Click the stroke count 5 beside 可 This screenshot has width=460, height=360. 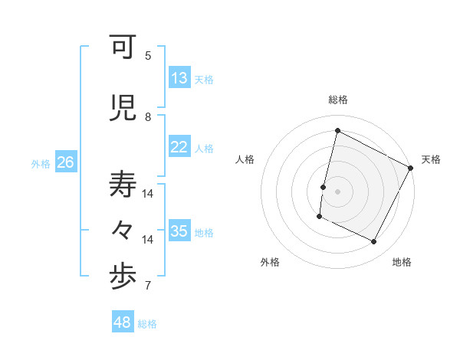(148, 56)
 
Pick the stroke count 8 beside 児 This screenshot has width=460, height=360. (148, 116)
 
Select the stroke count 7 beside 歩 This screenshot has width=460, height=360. (148, 286)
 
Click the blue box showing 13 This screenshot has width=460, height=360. (179, 78)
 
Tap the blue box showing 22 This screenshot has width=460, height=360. (179, 147)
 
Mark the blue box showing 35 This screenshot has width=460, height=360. (179, 231)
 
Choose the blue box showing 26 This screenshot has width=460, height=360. (66, 162)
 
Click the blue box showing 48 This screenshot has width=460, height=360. (123, 322)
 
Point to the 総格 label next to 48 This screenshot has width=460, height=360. (147, 324)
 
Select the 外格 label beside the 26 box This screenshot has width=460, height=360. (41, 164)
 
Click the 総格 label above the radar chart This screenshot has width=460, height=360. (338, 100)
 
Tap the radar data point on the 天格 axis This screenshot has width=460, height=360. (411, 168)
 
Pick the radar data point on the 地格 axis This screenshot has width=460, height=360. (374, 242)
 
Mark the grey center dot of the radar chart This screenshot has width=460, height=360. (337, 191)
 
